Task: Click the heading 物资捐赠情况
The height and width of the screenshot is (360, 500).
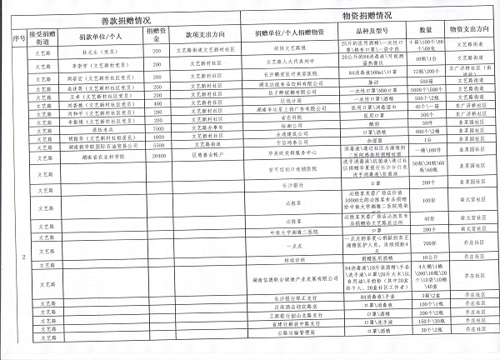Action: pos(368,17)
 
